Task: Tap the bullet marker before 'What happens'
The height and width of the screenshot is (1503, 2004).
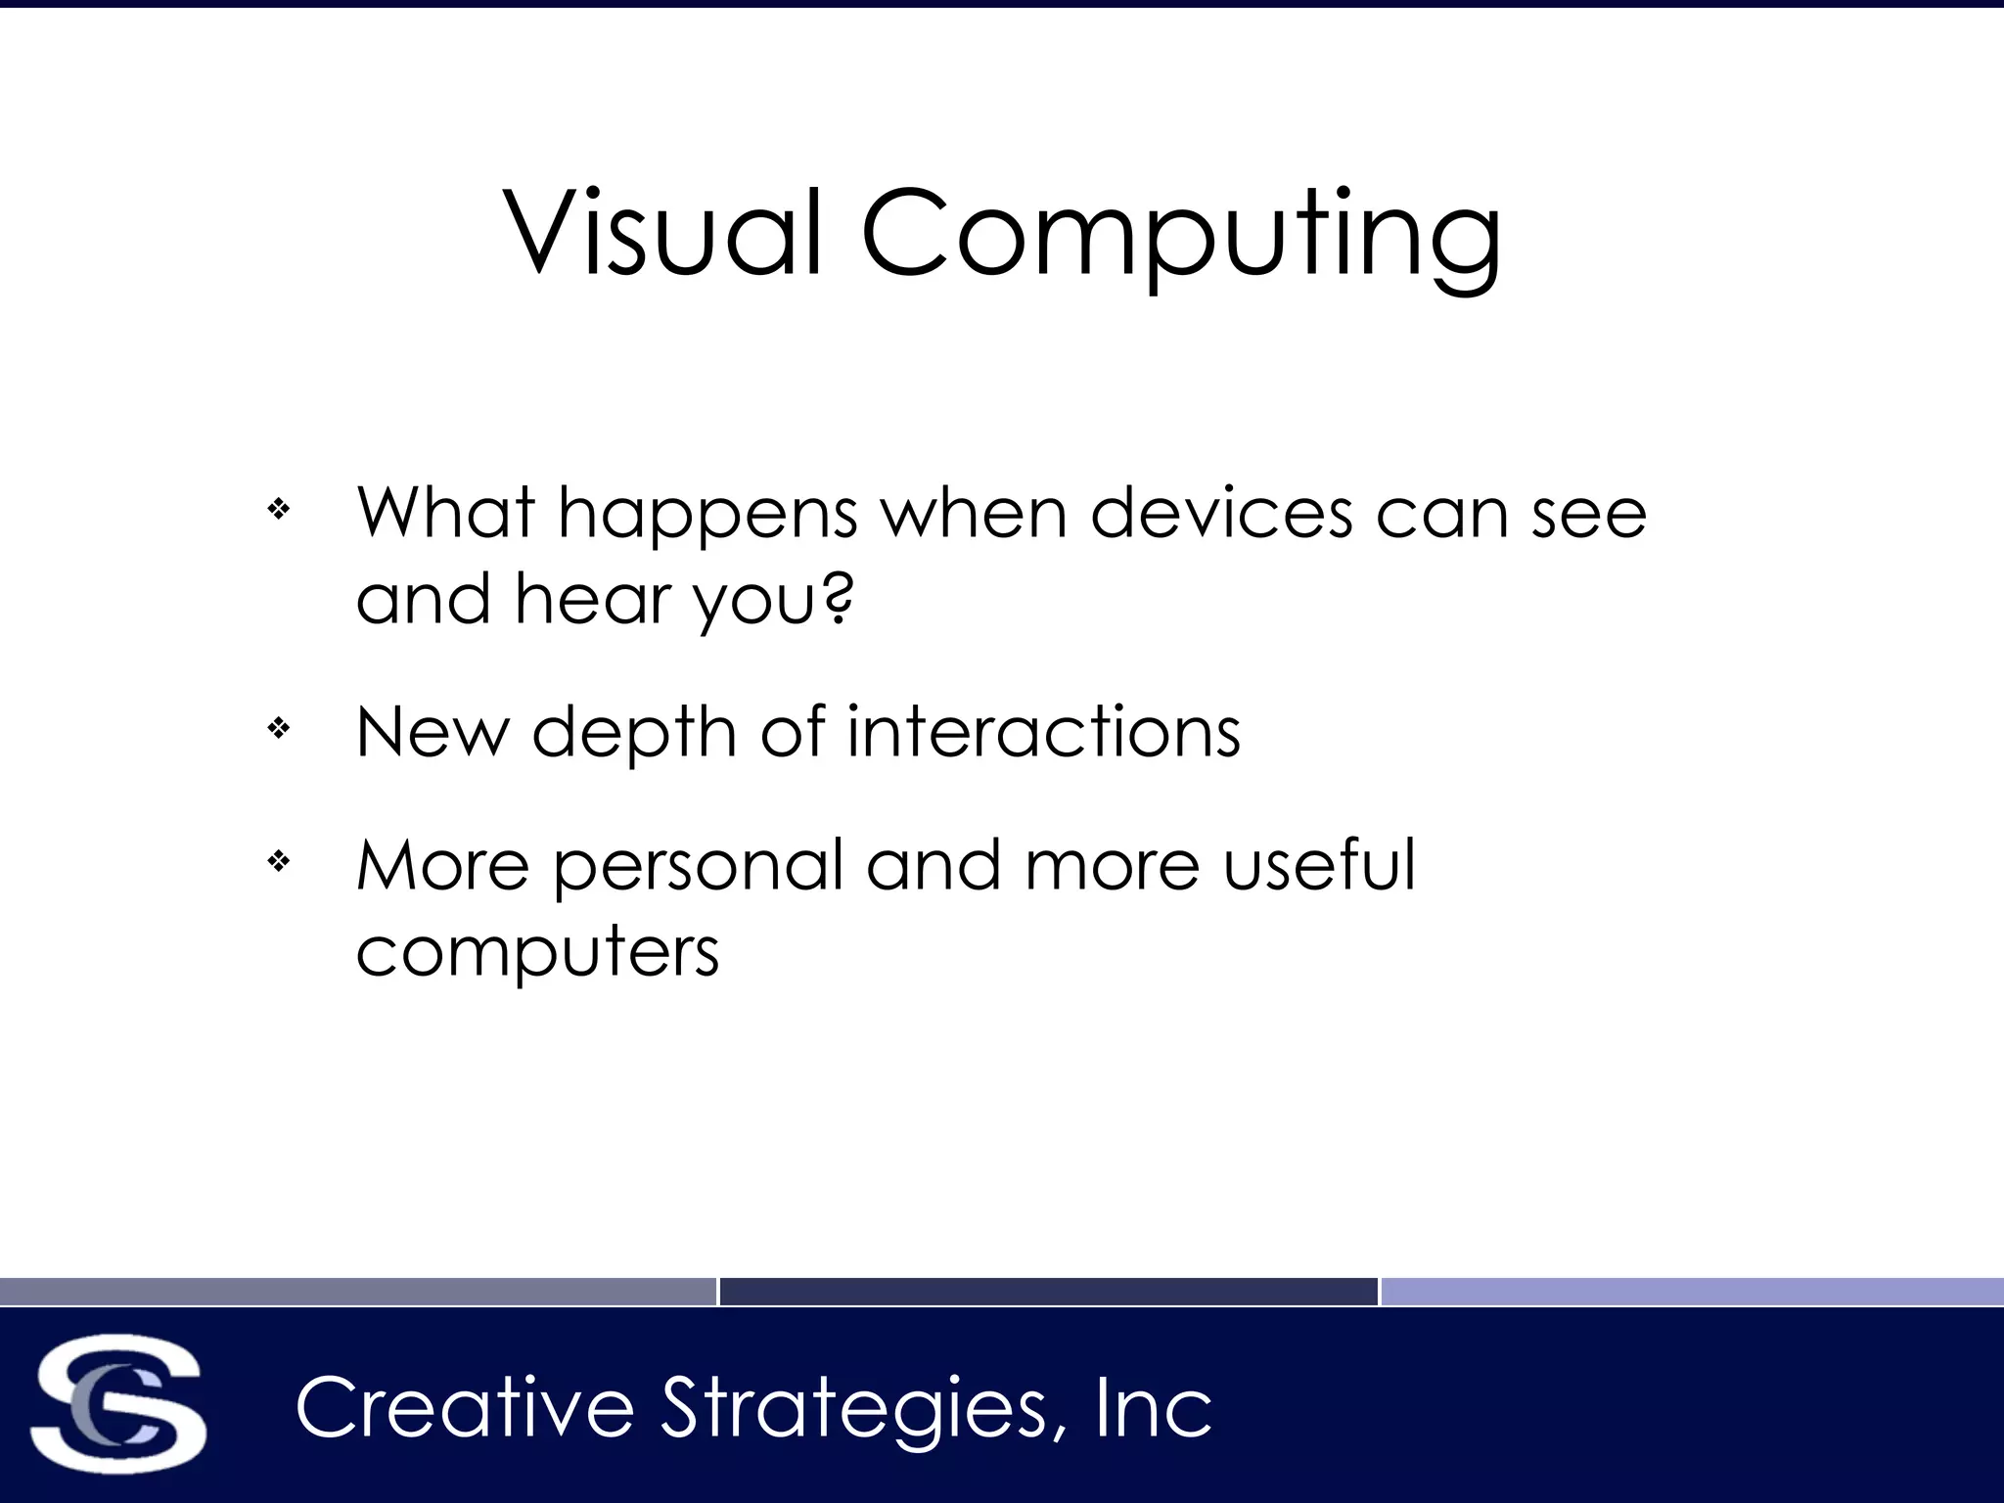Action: (279, 509)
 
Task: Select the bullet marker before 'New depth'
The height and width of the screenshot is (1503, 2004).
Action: (279, 728)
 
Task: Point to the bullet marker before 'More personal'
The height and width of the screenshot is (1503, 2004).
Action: (279, 862)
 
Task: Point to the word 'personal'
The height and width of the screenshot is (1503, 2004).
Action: (698, 868)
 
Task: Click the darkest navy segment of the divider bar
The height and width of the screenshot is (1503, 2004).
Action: (1048, 1292)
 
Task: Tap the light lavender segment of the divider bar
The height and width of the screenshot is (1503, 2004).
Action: (1692, 1292)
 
